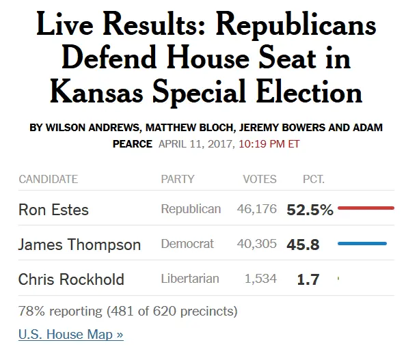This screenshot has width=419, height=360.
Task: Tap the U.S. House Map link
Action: pos(70,335)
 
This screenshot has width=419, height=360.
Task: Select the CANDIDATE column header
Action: pos(48,179)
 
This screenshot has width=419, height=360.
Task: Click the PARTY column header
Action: pos(178,179)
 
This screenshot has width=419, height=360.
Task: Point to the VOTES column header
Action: pos(260,179)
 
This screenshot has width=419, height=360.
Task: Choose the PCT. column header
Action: pos(314,179)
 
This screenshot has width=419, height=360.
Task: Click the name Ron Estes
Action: pos(53,210)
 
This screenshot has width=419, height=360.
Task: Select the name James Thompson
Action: pos(79,245)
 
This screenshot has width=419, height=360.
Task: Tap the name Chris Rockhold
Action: pos(71,279)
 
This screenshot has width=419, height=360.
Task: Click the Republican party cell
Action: pos(191,209)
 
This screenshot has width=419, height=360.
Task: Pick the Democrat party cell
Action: pos(187,244)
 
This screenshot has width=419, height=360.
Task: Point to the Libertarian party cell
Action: pos(190,279)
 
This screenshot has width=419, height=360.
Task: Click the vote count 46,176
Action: pos(257,209)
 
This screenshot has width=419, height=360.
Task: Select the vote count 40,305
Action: pos(257,244)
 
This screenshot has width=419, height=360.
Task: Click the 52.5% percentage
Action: pos(310,210)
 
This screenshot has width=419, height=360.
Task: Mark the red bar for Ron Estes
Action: pos(366,208)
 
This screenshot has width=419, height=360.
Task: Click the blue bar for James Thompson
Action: pos(362,243)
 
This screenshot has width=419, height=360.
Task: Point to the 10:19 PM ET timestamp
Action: pos(269,144)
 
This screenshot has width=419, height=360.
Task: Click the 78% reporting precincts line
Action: pos(128,311)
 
